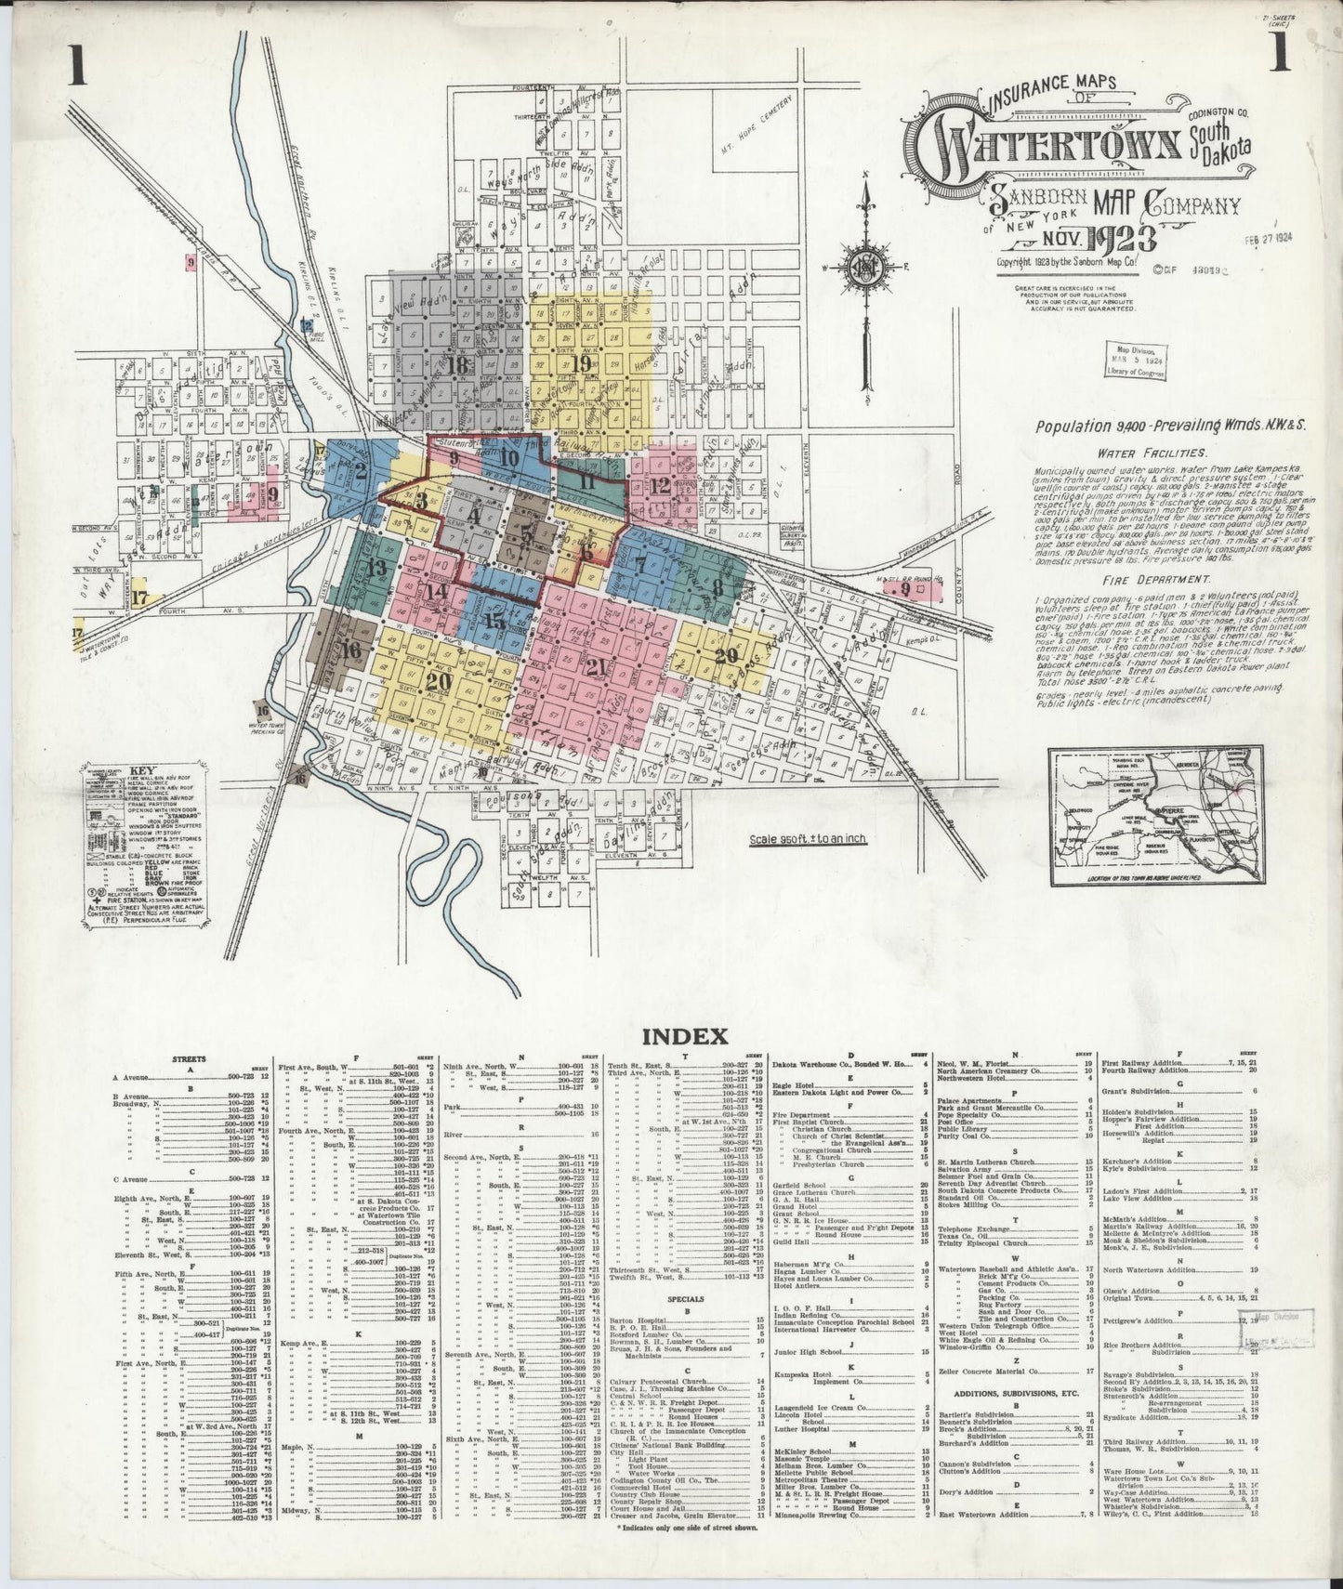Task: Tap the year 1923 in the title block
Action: point(1116,239)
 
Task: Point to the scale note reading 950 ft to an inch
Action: point(808,839)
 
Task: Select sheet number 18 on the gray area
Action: point(456,365)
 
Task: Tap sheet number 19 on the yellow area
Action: point(583,362)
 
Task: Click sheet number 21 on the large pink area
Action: point(596,665)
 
